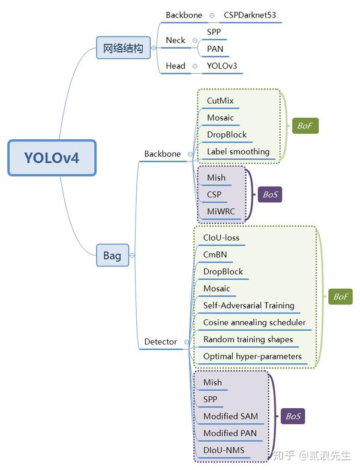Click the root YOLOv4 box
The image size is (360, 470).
[52, 158]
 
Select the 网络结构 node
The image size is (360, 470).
[122, 48]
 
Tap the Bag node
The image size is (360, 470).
[112, 256]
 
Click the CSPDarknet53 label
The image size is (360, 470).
[250, 14]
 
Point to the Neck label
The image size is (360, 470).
[176, 40]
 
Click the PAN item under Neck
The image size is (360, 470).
[215, 49]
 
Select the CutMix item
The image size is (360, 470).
[220, 101]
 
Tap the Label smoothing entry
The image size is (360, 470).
[238, 152]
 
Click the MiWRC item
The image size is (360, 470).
[221, 212]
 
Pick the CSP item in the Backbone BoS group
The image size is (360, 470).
[214, 195]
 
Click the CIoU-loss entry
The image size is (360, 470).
[221, 238]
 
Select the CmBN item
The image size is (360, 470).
[215, 255]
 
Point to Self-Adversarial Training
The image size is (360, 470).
[248, 306]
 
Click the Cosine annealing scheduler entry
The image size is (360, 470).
[254, 322]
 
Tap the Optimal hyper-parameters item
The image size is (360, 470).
[252, 357]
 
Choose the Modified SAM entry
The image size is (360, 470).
[230, 417]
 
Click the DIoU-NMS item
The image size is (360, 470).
[224, 450]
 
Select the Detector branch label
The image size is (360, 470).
[161, 342]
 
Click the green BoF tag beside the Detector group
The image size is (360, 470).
[340, 297]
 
